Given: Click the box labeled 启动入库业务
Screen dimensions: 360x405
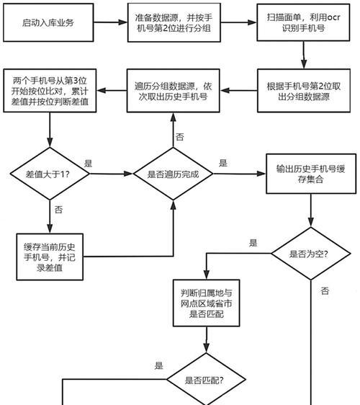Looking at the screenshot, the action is point(48,22).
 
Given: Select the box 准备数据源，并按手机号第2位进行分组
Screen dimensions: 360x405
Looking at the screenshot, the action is point(174,22).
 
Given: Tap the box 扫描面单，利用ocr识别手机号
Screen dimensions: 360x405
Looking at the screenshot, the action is point(303,22).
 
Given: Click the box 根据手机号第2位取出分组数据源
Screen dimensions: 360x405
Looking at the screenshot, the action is point(304,91).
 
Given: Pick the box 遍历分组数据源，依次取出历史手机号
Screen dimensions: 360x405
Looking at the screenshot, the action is point(174,91).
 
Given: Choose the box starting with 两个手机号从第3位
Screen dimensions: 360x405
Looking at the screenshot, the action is point(50,91).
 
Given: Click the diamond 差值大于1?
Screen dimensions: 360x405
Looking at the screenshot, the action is point(50,174).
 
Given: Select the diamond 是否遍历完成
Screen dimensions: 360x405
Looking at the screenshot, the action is point(174,174).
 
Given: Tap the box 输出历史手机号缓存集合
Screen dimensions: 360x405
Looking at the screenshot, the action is point(311,174).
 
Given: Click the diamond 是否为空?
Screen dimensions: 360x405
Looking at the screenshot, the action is point(311,254).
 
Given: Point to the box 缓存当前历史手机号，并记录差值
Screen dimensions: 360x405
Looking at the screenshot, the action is point(50,257).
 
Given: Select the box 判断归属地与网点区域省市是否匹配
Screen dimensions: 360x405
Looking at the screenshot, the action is point(206,303).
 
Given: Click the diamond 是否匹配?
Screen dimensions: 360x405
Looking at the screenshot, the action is point(206,380).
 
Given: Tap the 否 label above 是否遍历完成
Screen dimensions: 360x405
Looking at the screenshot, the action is point(180,137).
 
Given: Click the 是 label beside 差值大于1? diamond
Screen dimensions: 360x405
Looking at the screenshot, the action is point(89,164).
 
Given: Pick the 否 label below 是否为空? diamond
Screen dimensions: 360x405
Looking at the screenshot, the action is point(325,291).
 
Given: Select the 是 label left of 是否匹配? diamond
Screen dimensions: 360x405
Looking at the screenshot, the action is point(158,365).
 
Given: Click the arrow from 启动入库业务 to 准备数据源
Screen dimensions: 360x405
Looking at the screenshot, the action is point(110,22).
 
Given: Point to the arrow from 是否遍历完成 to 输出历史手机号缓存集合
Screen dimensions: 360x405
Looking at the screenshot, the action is point(240,174).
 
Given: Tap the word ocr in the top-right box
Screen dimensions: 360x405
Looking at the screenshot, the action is point(333,17).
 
